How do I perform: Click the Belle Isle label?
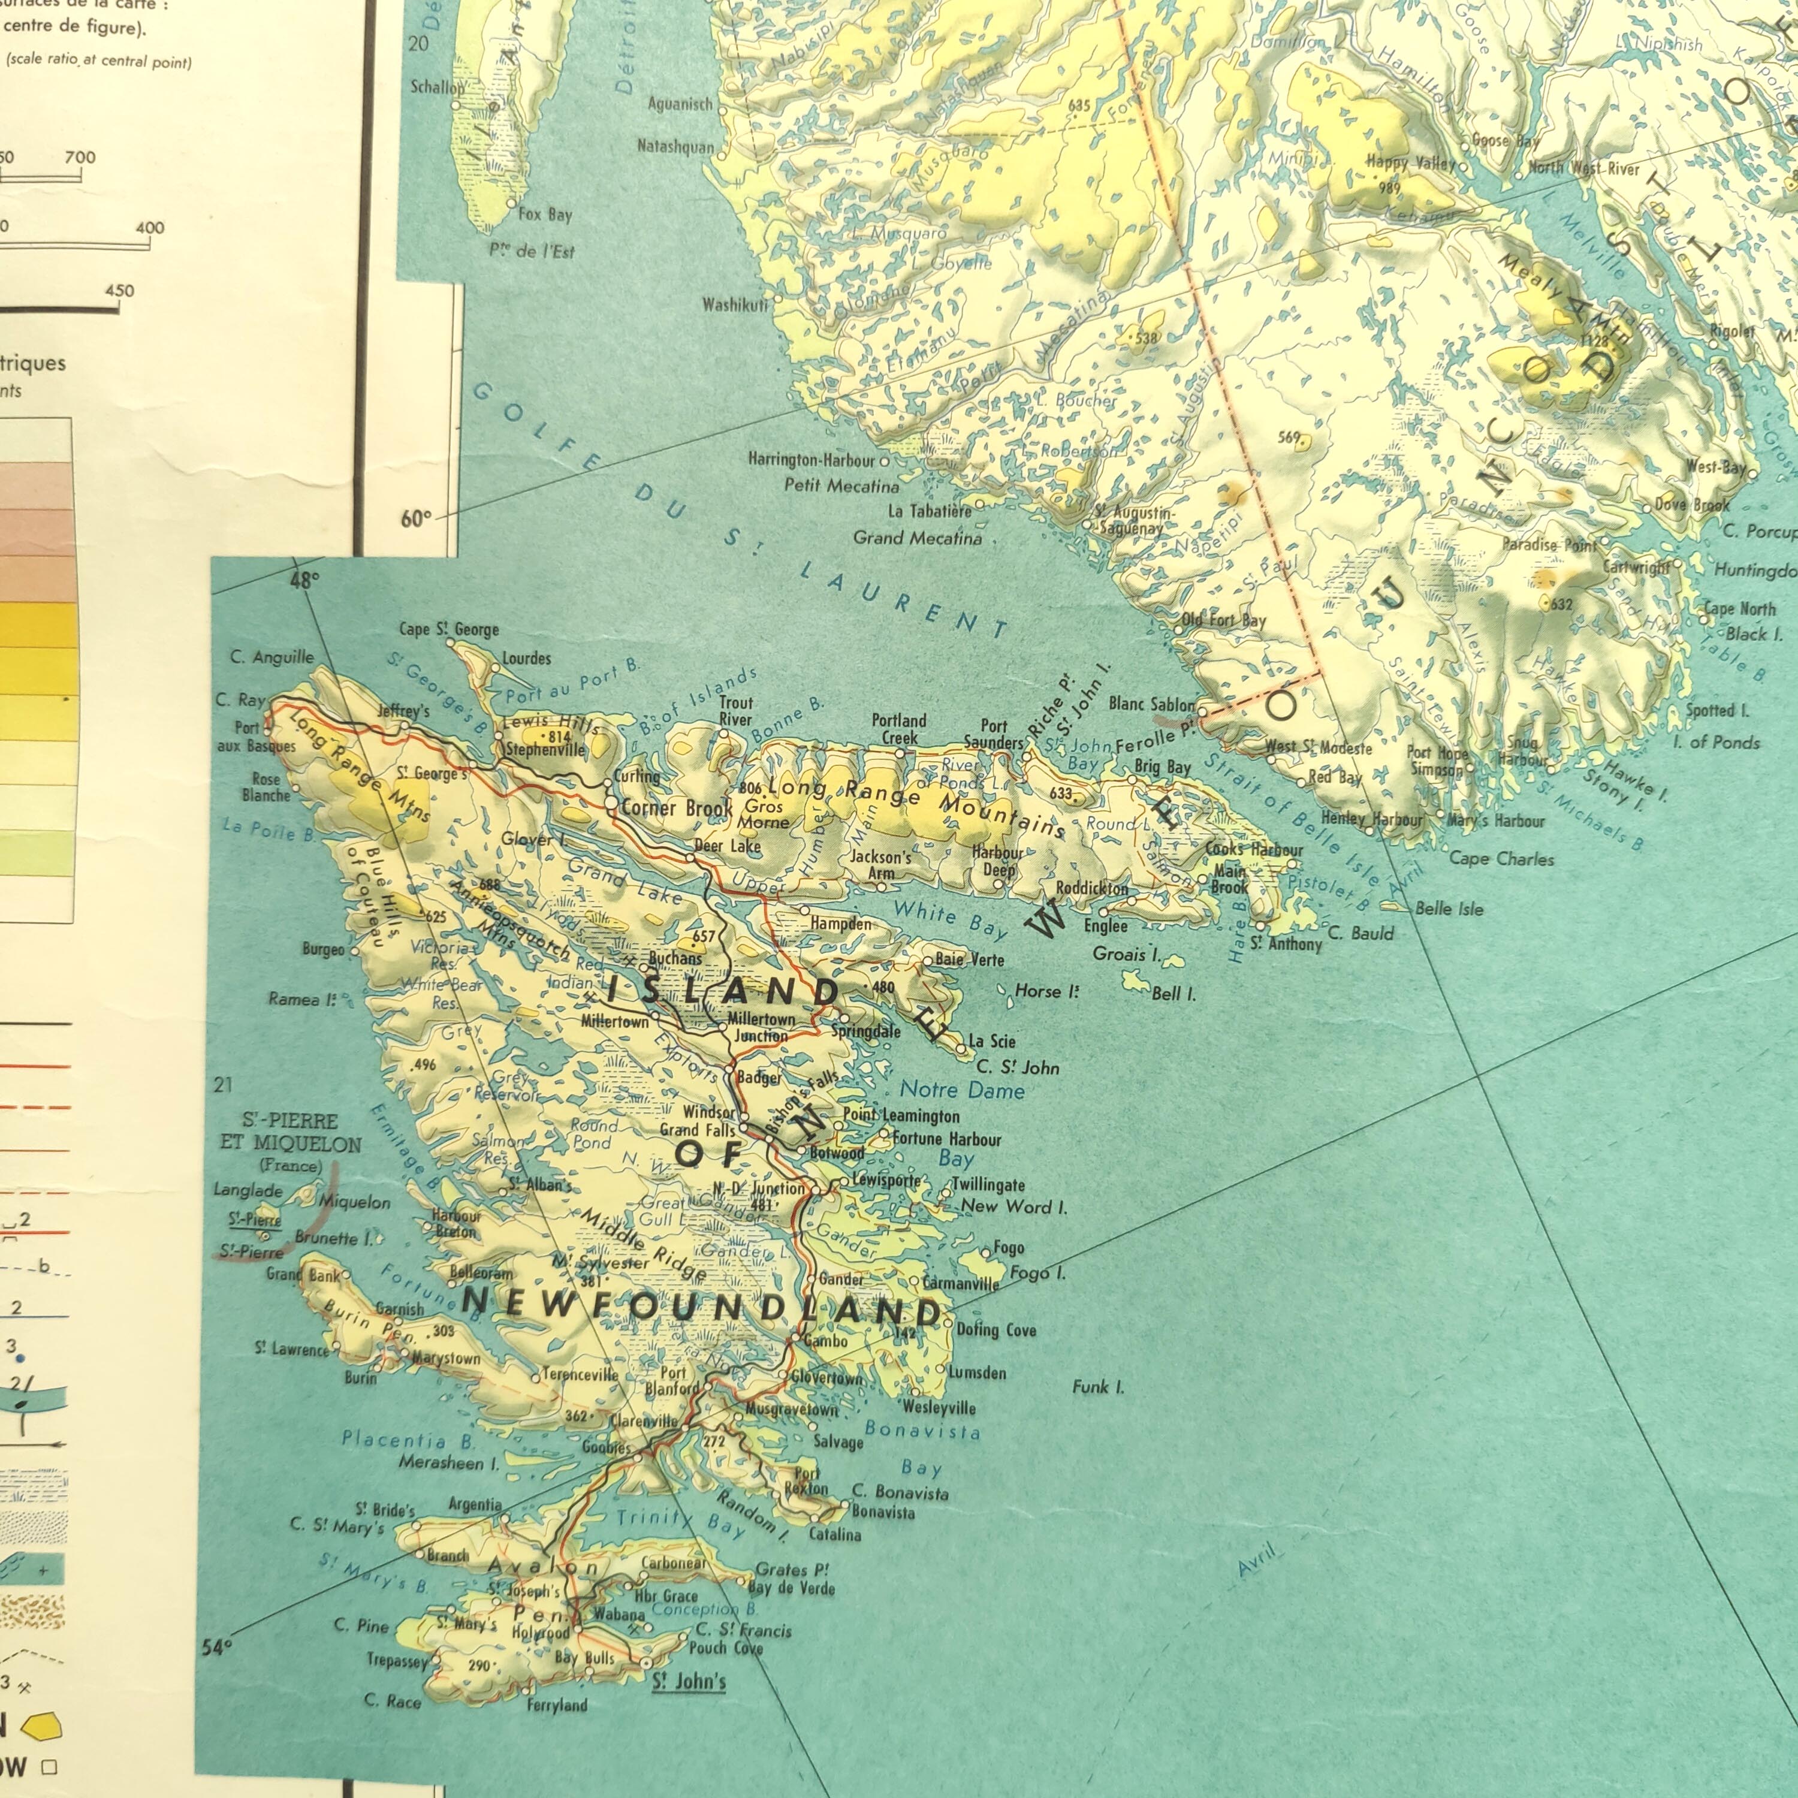pos(1449,909)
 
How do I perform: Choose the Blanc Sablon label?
pos(1151,704)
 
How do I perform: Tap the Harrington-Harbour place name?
pos(811,460)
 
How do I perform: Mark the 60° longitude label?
pos(415,518)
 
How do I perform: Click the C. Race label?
pos(392,1702)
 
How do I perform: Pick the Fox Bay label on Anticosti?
pos(545,214)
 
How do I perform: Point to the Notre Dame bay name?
pos(963,1090)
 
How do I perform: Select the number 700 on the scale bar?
pos(80,157)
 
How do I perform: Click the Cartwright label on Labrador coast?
pos(1637,567)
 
